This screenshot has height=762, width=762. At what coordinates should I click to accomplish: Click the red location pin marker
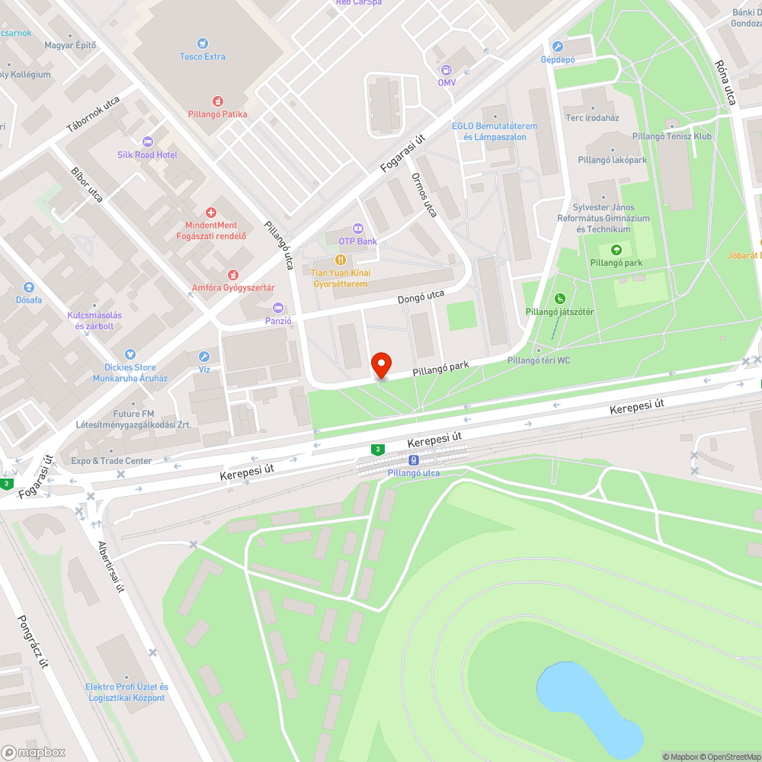(380, 365)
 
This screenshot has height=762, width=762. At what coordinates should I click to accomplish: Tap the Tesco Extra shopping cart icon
(203, 43)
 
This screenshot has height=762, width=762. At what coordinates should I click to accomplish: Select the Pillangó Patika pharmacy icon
(218, 101)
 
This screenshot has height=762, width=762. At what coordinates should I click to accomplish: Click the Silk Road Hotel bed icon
(147, 142)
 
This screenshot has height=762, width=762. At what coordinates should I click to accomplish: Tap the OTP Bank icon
(357, 229)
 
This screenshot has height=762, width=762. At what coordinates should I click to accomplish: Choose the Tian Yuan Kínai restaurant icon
(340, 260)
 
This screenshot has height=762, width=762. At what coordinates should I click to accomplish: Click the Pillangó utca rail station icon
(413, 460)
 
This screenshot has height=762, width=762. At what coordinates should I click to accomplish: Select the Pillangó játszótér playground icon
(560, 299)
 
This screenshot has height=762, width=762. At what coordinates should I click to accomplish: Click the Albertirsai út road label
(110, 568)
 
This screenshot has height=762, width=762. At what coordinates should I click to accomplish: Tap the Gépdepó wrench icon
(557, 46)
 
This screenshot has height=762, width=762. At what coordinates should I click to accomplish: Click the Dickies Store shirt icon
(130, 354)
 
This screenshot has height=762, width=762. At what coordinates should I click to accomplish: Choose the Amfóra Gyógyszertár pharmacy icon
(233, 274)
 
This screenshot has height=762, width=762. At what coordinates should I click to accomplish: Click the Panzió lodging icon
(278, 308)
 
